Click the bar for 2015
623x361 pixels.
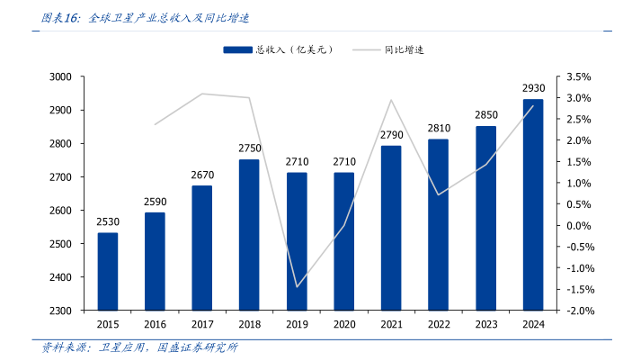(x=108, y=271)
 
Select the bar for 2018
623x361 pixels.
(x=249, y=234)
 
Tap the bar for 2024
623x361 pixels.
(x=533, y=204)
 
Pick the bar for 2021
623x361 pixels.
(x=391, y=228)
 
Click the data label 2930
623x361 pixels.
(x=533, y=88)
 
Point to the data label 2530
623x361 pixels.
(x=108, y=222)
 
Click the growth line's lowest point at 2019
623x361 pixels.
(x=297, y=287)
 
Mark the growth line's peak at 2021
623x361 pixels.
(x=391, y=100)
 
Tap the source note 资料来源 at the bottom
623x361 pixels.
(x=139, y=347)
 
